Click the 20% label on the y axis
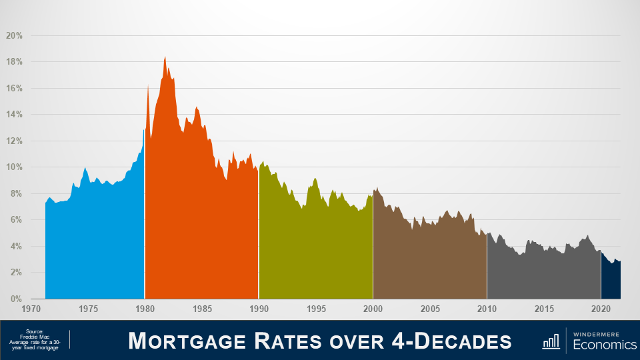pyautogui.click(x=15, y=35)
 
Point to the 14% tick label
pyautogui.click(x=15, y=114)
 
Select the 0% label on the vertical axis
pyautogui.click(x=17, y=299)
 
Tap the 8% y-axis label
pyautogui.click(x=17, y=193)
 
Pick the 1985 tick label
pyautogui.click(x=202, y=309)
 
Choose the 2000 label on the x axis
pyautogui.click(x=373, y=309)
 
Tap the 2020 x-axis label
pyautogui.click(x=601, y=309)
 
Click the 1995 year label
pyautogui.click(x=316, y=309)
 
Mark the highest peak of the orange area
pyautogui.click(x=165, y=58)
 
